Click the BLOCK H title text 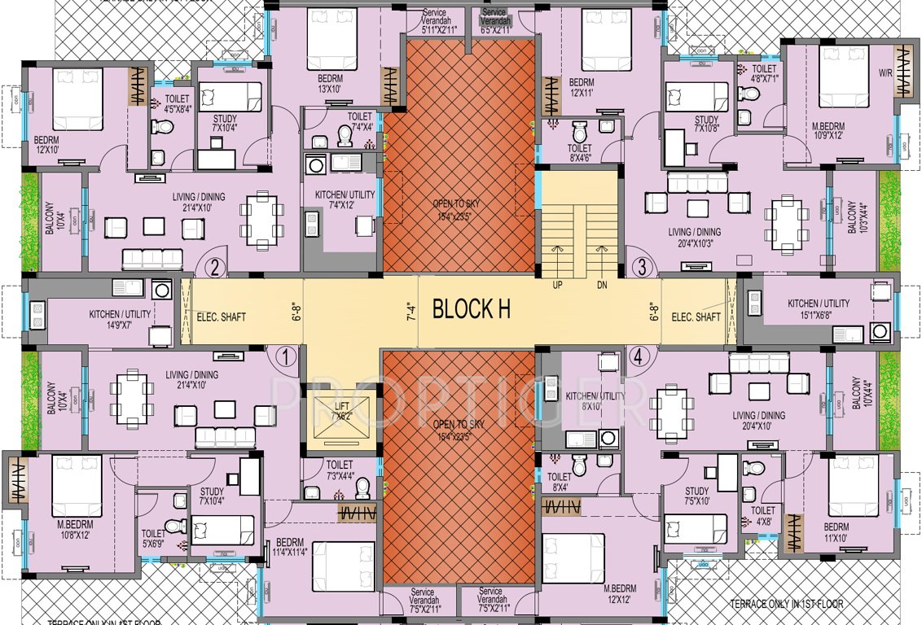click(472, 309)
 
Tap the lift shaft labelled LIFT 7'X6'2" click(343, 412)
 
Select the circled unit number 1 click(285, 356)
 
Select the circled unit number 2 click(215, 266)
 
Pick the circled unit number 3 click(642, 266)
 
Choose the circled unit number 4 click(638, 356)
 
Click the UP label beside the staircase click(558, 286)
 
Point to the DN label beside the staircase click(602, 286)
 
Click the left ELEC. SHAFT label click(221, 317)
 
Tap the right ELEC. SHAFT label click(696, 317)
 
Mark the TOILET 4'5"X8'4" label click(177, 103)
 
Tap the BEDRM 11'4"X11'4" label click(290, 548)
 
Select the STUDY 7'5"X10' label click(696, 496)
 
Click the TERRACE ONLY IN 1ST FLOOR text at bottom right click(786, 604)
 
